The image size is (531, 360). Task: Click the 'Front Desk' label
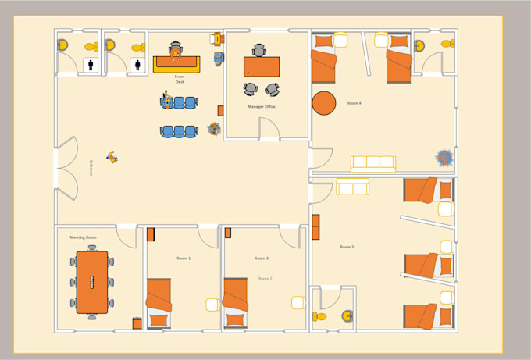[180, 79]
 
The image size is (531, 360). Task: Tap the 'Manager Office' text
[262, 107]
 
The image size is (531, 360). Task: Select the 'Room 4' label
[354, 103]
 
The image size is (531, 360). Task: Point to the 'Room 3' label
[347, 247]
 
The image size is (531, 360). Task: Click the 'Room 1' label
[184, 258]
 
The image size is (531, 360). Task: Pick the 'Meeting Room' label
[83, 237]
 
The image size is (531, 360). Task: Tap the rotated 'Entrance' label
[91, 169]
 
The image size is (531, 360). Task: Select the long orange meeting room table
[91, 280]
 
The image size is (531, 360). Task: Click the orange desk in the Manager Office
[262, 66]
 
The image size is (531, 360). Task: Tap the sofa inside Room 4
[373, 163]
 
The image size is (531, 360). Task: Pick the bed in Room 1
[159, 302]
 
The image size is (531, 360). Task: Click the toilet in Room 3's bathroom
[320, 317]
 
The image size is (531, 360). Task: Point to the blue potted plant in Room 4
[444, 157]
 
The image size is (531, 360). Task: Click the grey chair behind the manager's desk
[259, 50]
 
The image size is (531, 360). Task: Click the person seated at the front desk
[176, 52]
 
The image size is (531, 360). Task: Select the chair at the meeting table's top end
[91, 247]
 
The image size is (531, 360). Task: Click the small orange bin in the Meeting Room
[137, 323]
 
